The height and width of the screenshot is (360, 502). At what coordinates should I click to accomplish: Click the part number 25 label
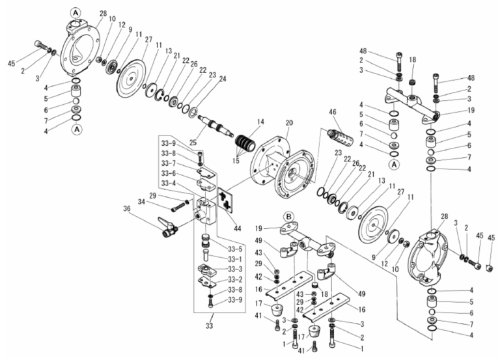pyautogui.click(x=193, y=142)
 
